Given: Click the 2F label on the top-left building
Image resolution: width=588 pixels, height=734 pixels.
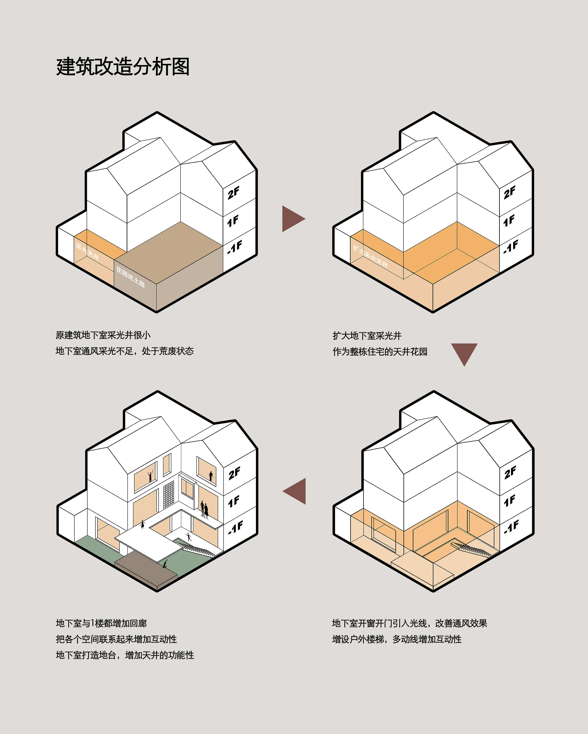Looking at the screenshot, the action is point(234,193).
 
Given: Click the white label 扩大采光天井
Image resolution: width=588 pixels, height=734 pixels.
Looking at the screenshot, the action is point(370,256).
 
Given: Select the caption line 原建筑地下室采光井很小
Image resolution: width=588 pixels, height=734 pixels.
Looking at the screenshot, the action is point(103,335).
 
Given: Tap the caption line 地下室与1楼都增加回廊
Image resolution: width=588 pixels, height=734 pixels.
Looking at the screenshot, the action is point(101,623).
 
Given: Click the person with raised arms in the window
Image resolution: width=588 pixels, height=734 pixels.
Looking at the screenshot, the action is point(150,476).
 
